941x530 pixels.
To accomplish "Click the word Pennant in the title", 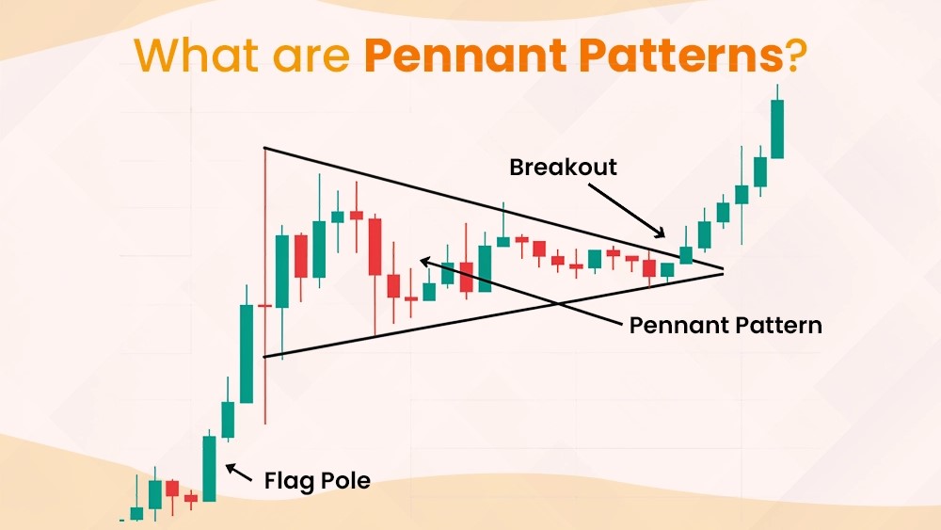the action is point(466,56).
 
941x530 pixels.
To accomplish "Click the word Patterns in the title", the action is point(679,56).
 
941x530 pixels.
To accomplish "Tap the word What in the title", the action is point(198,56).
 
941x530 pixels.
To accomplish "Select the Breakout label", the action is point(563,167).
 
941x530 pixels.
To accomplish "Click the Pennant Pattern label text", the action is point(726,326).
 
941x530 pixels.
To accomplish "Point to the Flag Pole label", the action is point(317,481).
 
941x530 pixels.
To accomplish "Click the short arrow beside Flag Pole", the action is point(238,473).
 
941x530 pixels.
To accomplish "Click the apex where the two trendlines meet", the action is point(723,271).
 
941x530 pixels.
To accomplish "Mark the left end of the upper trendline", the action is point(264,148).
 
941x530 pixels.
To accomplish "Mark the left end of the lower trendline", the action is point(264,358).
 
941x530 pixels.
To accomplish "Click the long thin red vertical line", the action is point(264,285).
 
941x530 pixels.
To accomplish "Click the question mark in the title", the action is point(793,56).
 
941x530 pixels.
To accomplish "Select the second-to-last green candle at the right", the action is point(760,171).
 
